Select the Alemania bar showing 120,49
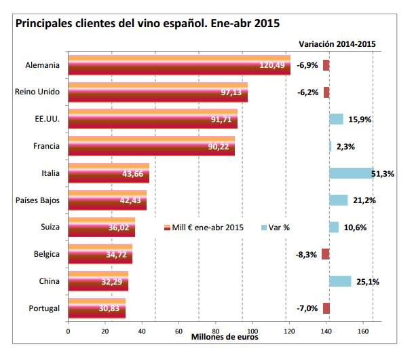coord(178,65)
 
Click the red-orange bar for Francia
coord(151,146)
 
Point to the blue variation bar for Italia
coord(351,173)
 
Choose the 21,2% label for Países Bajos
coord(364,200)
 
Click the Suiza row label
coord(49,227)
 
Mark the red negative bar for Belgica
coord(326,254)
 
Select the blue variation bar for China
coord(340,281)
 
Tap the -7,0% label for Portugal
coord(307,308)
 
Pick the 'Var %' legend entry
coord(274,227)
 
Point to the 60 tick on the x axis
coord(178,331)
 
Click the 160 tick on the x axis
coord(363,331)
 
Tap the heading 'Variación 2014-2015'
coord(338,43)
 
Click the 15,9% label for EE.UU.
coord(359,120)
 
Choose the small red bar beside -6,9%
coord(326,65)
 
